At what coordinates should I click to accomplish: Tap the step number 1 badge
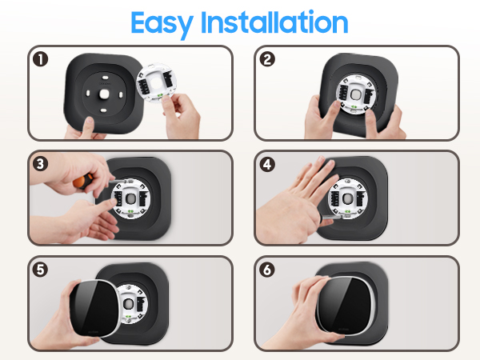[38, 58]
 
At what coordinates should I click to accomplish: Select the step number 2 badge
[266, 58]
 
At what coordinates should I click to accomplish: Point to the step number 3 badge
[38, 163]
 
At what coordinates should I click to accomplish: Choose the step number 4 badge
[266, 163]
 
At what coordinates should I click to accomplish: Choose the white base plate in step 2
[354, 93]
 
